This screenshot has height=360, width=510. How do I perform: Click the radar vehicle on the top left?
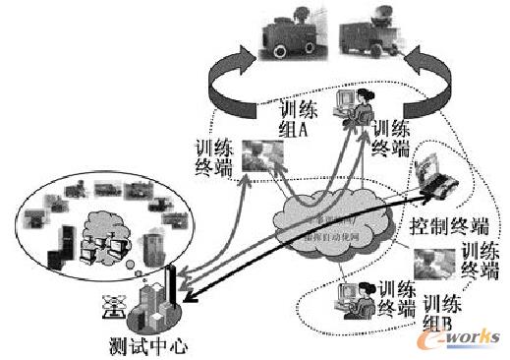tap(288, 33)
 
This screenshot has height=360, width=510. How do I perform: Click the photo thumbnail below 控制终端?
tap(432, 263)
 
